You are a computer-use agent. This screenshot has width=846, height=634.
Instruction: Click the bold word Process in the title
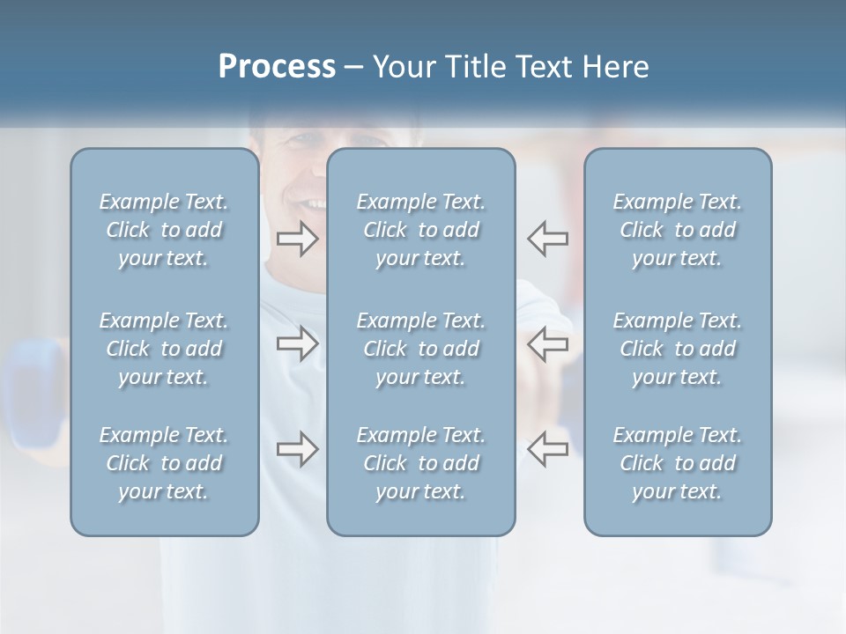277,67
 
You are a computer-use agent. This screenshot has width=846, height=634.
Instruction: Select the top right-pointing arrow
297,239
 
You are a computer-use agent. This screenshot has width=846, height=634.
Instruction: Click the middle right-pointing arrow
297,343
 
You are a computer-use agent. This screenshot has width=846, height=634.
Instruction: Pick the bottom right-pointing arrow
297,449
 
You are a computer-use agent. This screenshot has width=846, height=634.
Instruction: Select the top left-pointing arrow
548,239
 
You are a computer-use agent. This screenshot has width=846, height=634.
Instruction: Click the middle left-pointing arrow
548,343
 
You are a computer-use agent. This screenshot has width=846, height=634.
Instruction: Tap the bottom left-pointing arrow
548,449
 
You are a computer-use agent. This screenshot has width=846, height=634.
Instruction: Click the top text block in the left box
164,230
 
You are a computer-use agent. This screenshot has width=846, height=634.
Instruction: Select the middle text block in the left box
164,349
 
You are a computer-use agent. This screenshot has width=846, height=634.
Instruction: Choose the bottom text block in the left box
164,463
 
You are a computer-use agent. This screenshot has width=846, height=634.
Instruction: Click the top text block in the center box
421,230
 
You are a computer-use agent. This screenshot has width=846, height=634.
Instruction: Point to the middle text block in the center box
421,349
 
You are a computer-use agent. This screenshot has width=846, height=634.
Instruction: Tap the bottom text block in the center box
421,463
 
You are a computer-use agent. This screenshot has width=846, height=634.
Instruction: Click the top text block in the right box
678,230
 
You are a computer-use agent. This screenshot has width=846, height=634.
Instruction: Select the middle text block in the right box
678,349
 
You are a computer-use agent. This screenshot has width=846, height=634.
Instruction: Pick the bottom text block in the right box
678,463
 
